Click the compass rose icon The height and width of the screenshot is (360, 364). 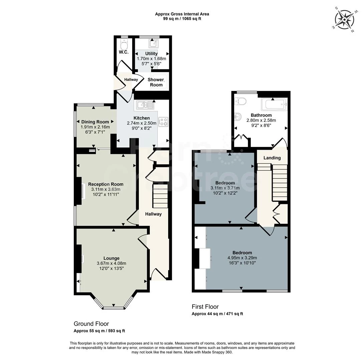point(344,20)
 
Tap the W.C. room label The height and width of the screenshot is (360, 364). point(124,52)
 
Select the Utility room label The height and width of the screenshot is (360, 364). point(151,53)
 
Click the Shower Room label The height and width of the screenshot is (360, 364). point(156,82)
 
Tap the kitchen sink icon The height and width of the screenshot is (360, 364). point(144,106)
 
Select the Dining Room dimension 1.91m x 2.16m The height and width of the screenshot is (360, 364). point(95,127)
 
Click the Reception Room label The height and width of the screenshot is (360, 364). point(106,184)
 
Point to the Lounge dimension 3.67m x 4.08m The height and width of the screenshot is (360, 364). point(111,263)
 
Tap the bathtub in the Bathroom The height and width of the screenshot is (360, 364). point(274,104)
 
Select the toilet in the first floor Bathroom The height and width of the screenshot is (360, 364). point(241,100)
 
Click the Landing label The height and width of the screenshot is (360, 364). point(272,158)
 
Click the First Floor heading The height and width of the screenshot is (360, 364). point(205,306)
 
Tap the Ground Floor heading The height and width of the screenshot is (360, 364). point(91,324)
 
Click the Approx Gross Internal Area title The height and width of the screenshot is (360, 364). point(182,14)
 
